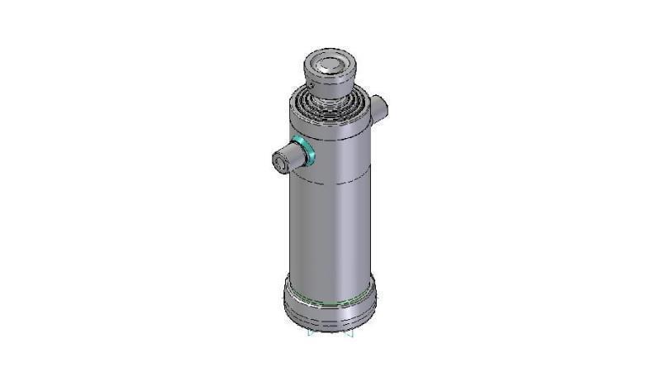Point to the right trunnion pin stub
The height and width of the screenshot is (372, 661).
[378, 107]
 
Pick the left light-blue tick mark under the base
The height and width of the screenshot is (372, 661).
[309, 334]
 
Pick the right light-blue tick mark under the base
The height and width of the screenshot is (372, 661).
[351, 334]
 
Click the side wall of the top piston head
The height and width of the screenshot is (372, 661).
[330, 83]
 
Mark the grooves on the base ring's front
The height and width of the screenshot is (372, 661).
[329, 318]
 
